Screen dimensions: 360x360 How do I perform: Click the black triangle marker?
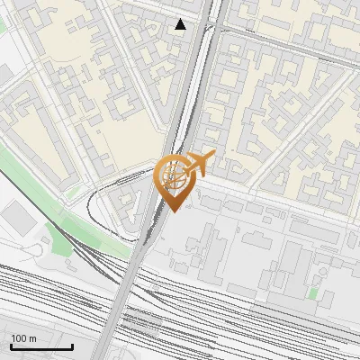point(181,24)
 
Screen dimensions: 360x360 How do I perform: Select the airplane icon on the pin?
point(200,163)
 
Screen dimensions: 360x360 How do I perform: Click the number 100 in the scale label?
point(19,338)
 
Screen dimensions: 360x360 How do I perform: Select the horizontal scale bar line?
point(41,347)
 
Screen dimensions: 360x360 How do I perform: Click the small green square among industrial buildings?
point(312,293)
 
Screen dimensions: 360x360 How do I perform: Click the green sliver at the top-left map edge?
point(3,27)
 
